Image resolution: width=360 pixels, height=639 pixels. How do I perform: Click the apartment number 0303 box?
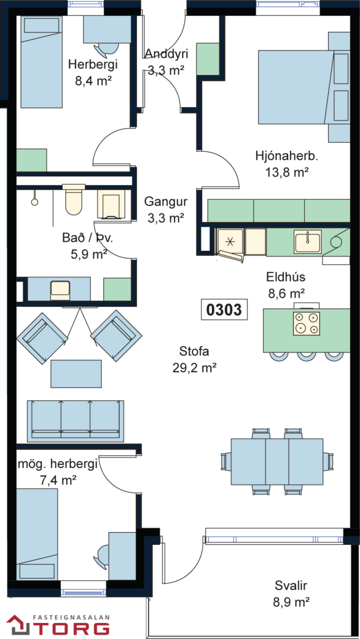224,309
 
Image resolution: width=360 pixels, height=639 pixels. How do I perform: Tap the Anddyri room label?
166,54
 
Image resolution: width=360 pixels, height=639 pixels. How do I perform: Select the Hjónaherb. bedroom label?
287,156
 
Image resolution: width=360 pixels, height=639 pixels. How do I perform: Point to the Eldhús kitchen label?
285,277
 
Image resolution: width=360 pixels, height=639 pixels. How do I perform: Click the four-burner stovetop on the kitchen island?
306,323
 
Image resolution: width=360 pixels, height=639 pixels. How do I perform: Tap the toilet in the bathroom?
74,199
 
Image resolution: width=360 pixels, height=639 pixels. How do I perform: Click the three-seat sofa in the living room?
76,421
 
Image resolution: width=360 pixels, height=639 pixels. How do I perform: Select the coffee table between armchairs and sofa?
76,374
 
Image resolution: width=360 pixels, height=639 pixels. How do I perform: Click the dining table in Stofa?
277,462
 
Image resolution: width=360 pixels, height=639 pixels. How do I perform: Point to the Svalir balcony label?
291,585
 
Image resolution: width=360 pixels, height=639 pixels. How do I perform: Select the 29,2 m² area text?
194,368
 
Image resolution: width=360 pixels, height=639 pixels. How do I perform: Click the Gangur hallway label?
166,201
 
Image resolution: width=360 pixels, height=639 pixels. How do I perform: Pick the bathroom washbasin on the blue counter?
60,290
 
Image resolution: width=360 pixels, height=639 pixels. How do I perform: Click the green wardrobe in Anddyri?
208,59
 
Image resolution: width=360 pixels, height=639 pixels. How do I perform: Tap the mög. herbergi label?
58,464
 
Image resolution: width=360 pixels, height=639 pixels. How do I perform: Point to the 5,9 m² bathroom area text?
89,254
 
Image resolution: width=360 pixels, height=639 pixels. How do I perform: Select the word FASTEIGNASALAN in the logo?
71,617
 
